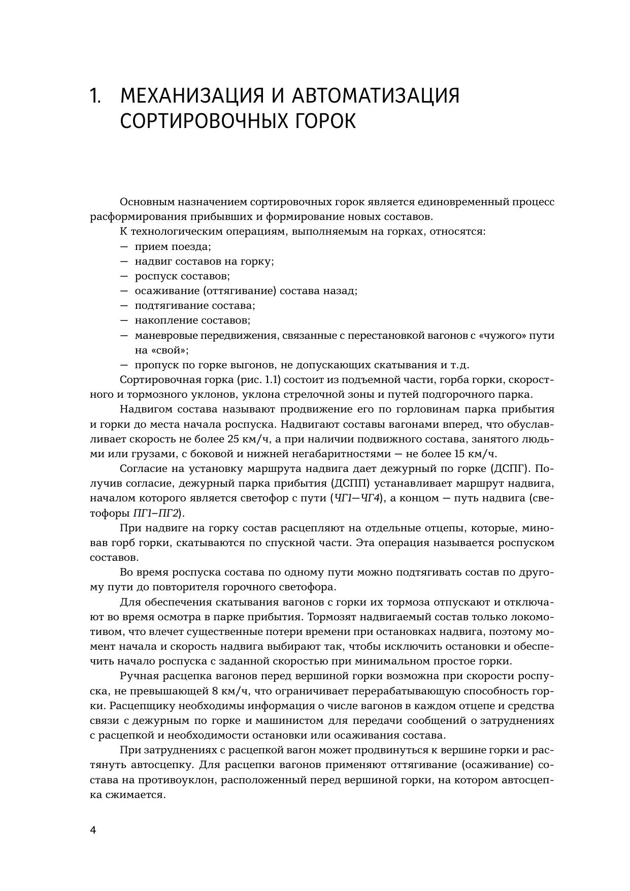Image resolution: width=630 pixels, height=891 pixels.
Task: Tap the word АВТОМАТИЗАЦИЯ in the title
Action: point(376,96)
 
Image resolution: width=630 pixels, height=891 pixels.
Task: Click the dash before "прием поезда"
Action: point(124,247)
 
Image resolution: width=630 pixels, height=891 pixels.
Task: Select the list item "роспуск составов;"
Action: point(182,276)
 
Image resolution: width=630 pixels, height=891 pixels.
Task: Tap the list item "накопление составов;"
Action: point(192,321)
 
